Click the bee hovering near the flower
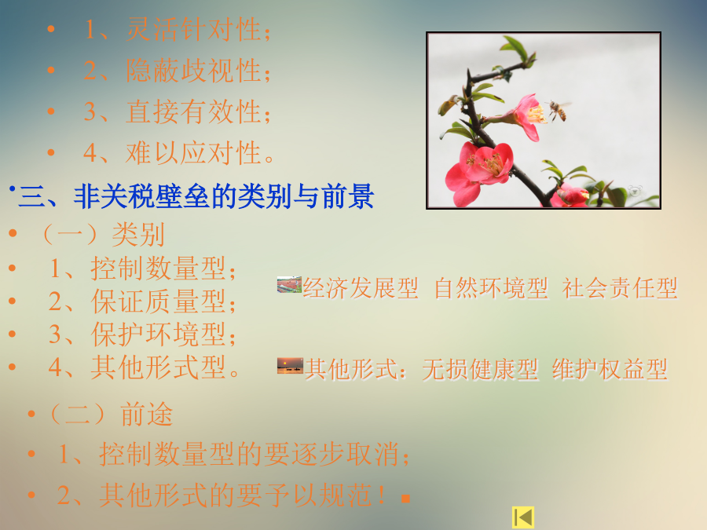[x=559, y=110]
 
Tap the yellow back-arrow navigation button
[x=523, y=517]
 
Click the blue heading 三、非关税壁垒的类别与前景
[x=196, y=196]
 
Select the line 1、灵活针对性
[x=178, y=30]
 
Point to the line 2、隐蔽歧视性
[x=178, y=71]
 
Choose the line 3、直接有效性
[x=178, y=111]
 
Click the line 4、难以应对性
[x=179, y=153]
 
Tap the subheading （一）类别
[x=103, y=234]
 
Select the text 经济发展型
[x=361, y=288]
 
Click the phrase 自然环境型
[x=491, y=288]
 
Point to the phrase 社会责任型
[x=620, y=288]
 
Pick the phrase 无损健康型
[x=480, y=370]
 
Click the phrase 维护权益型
[x=610, y=370]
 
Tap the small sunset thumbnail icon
[x=290, y=365]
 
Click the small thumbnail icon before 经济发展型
[x=289, y=284]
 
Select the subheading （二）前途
[x=111, y=414]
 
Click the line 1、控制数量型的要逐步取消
[x=233, y=454]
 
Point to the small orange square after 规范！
[x=405, y=499]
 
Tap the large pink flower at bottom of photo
[x=479, y=171]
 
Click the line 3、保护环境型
[x=142, y=334]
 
